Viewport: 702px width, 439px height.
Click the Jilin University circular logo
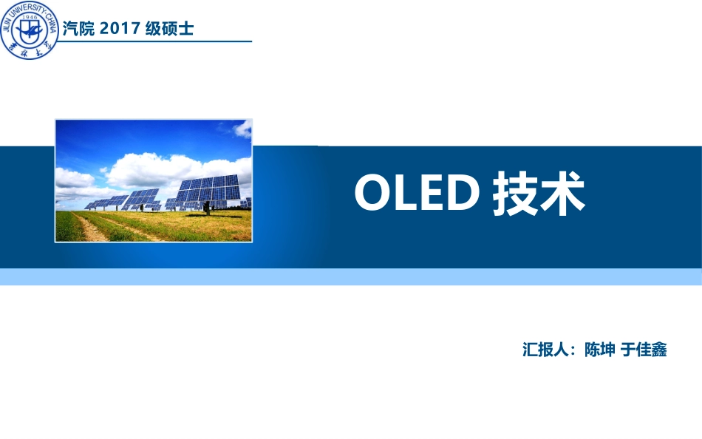pos(29,30)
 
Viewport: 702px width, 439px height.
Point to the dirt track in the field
pos(92,228)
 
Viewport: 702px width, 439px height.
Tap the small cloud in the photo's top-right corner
pos(242,129)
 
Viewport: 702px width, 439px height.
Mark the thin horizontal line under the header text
pos(155,42)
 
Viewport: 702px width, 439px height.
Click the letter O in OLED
pos(372,193)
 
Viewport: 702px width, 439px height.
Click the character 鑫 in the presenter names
pos(659,350)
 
